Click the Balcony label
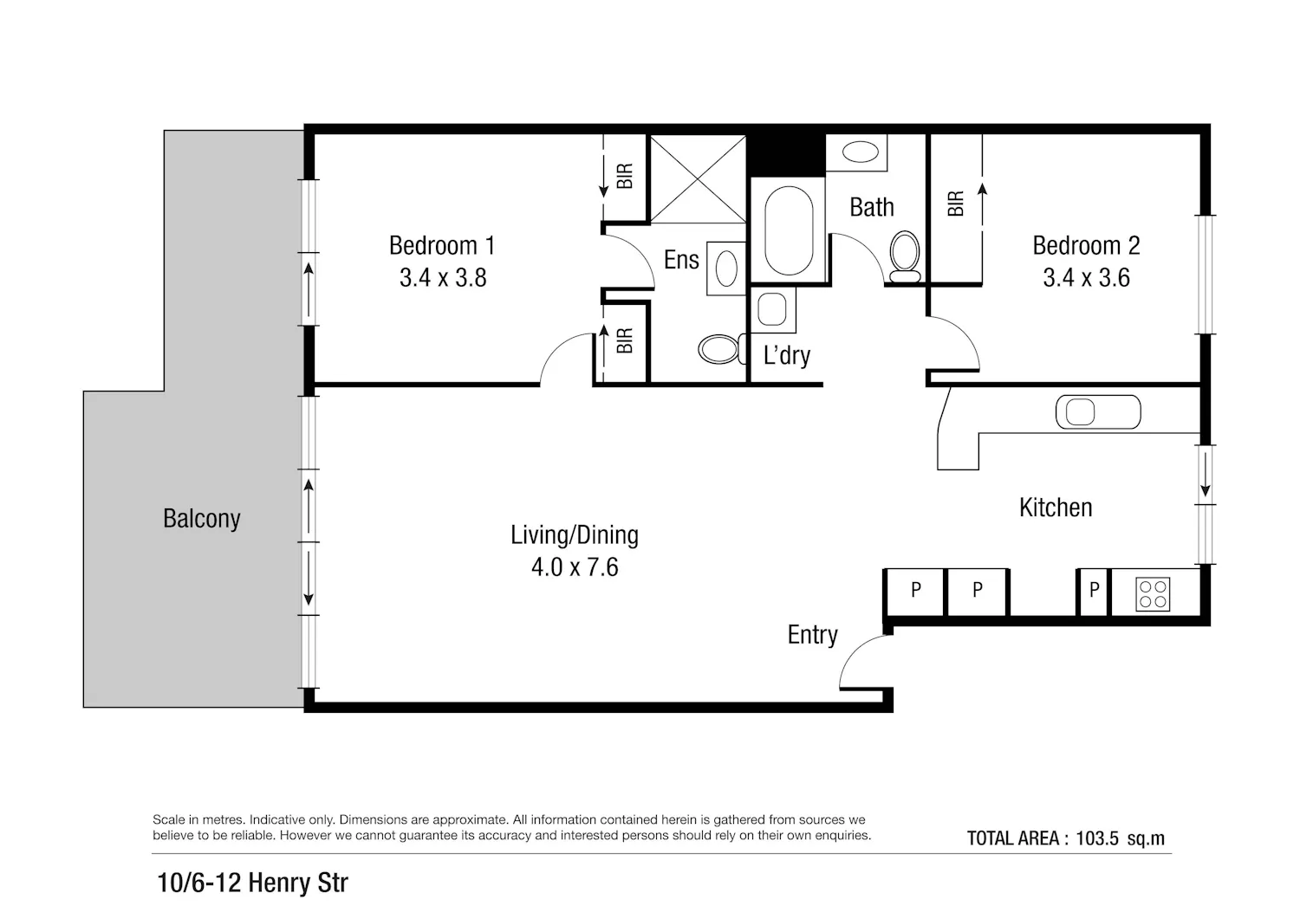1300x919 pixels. (201, 519)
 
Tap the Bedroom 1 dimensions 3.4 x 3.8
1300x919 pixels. (443, 278)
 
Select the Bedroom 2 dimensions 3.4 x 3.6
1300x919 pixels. (1086, 278)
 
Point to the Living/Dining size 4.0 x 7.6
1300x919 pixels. (575, 567)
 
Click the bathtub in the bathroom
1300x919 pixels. (789, 230)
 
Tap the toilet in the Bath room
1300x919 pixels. (905, 257)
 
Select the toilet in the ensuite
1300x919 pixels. (722, 349)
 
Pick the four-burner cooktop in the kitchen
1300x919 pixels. (1153, 594)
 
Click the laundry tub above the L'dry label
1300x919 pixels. (772, 310)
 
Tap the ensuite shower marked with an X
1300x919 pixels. (698, 178)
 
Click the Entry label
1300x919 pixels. (813, 635)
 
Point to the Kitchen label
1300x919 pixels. (1056, 508)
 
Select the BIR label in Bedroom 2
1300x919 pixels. (955, 204)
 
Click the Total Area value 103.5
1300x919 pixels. (1097, 838)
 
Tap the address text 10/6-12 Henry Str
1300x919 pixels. (252, 883)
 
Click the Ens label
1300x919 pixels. (681, 260)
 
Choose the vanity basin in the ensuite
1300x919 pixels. (726, 269)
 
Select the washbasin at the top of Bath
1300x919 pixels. (860, 152)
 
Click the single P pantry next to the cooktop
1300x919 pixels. (1094, 591)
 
